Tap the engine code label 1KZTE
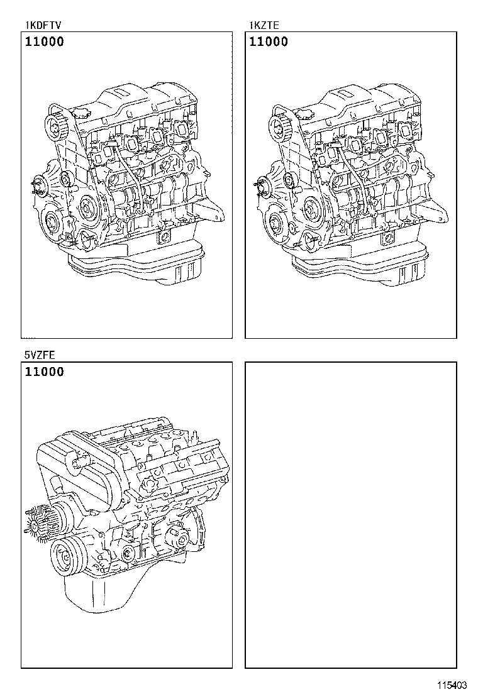[x=265, y=26]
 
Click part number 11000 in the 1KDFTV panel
[x=45, y=42]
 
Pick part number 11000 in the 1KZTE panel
[x=269, y=42]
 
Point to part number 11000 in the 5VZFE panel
[x=45, y=372]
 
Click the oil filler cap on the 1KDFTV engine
[x=82, y=113]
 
